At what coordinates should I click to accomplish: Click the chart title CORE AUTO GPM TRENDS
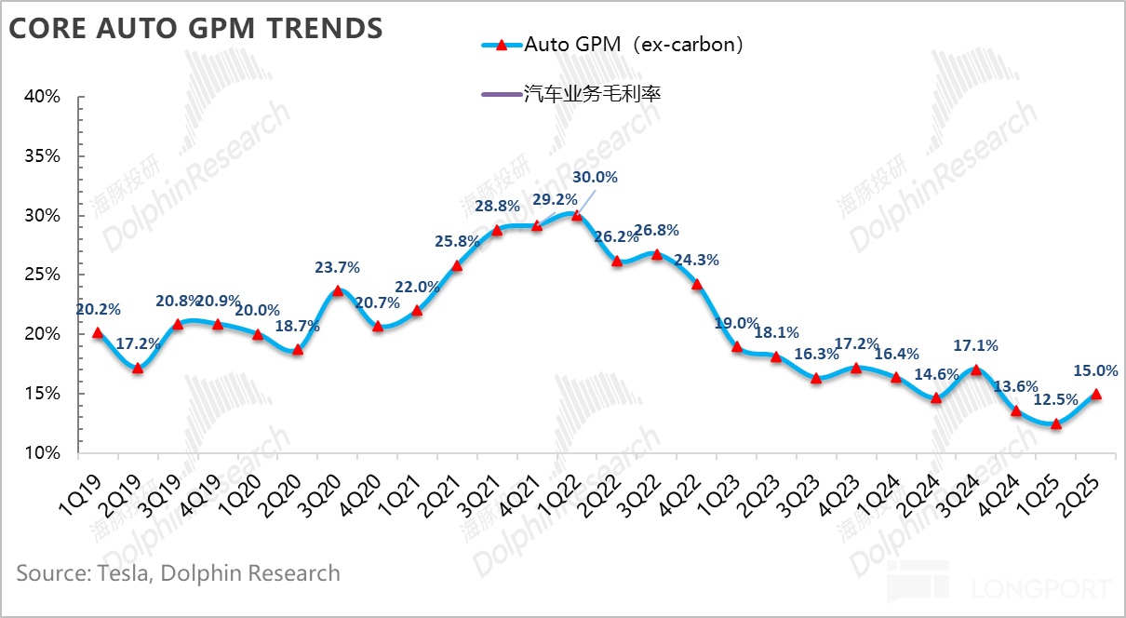[x=195, y=29]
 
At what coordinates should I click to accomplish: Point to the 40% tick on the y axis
[x=42, y=97]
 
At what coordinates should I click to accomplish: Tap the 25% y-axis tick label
[x=42, y=275]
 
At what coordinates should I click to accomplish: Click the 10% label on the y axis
[x=42, y=453]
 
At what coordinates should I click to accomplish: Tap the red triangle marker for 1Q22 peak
[x=577, y=215]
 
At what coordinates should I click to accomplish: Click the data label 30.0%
[x=595, y=177]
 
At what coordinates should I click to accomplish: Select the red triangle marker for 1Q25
[x=1055, y=423]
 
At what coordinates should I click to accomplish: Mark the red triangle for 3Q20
[x=338, y=290]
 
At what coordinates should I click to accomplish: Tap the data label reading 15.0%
[x=1095, y=369]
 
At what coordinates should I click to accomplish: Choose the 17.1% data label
[x=975, y=345]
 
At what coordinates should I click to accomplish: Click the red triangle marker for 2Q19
[x=138, y=369]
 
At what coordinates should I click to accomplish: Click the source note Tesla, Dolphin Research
[x=178, y=572]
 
